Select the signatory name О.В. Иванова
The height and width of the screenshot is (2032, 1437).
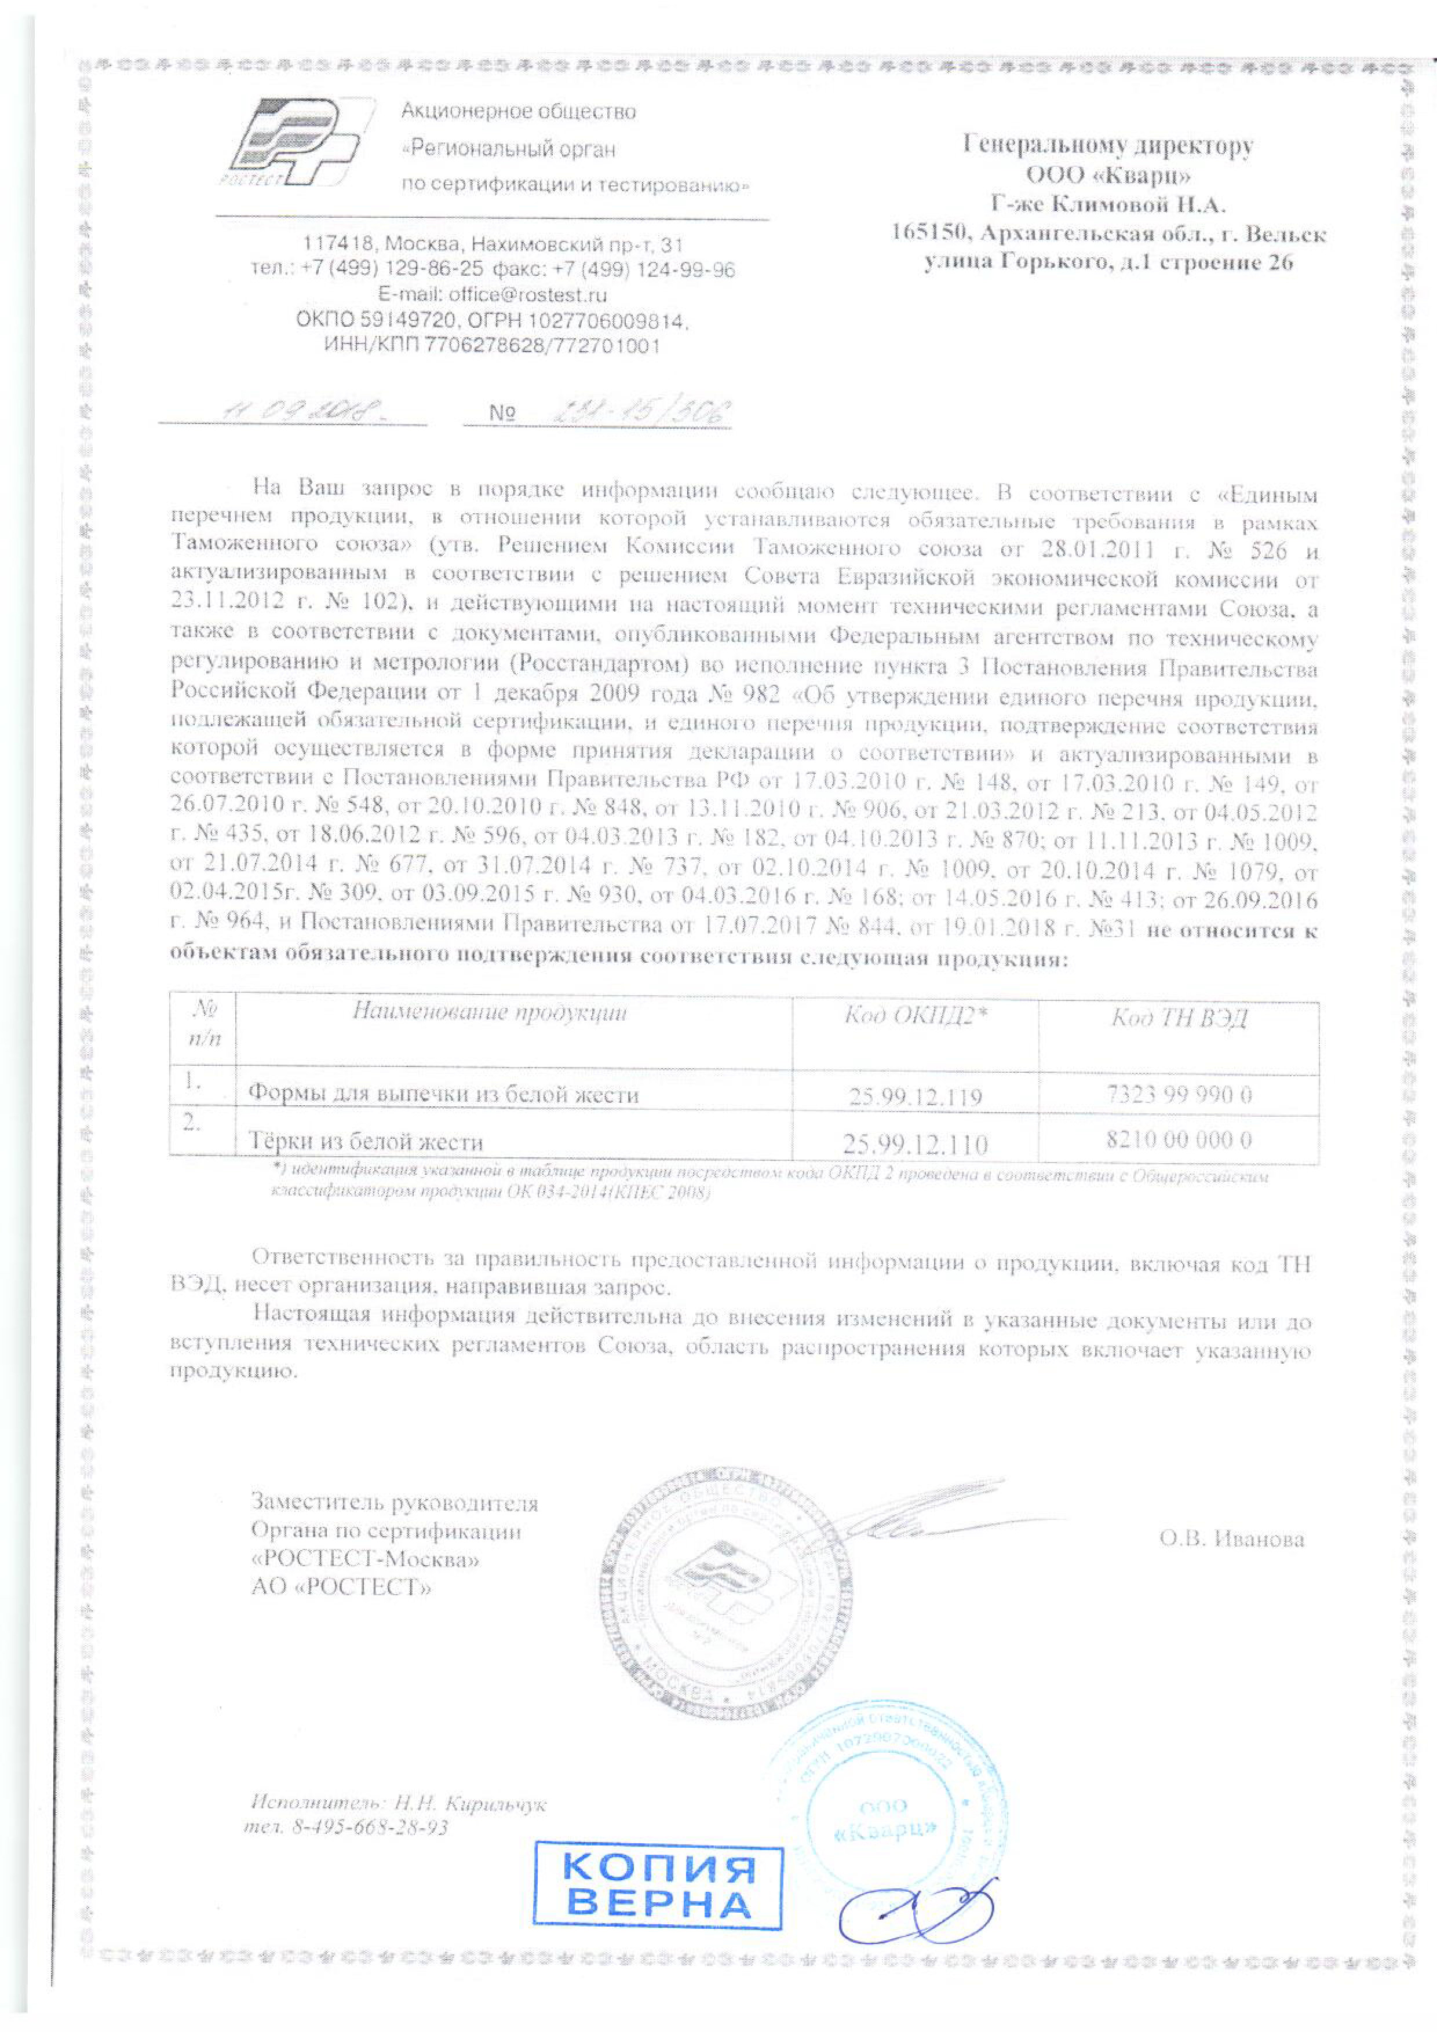pos(1231,1539)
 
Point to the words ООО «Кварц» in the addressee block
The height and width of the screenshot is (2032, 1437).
pos(1108,174)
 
